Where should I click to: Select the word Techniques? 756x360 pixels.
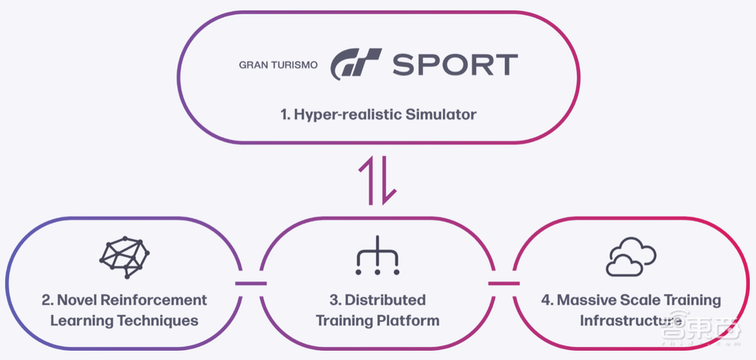(x=162, y=320)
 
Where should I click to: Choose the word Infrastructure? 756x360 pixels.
(x=626, y=320)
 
